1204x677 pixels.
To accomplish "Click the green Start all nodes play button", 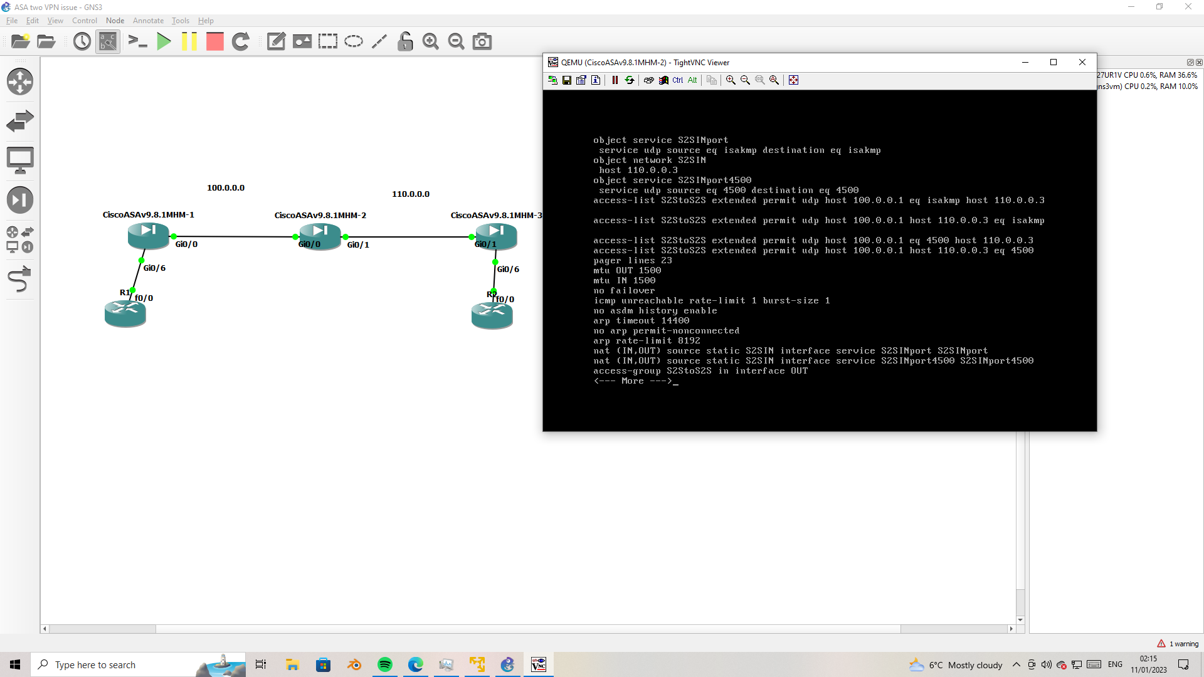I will coord(164,42).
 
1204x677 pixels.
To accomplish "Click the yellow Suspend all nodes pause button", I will coord(189,42).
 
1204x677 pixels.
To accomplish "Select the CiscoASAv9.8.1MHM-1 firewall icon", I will coord(148,236).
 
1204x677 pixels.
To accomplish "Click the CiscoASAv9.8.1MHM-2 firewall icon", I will coord(320,236).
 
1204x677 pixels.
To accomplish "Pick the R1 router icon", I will coord(125,313).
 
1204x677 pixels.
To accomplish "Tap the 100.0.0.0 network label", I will coord(226,188).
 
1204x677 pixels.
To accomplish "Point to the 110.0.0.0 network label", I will coord(411,194).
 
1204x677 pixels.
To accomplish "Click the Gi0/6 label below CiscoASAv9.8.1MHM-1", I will coord(154,268).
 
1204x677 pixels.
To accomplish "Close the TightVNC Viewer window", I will coord(1082,62).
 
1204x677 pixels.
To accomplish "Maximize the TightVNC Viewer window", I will coord(1053,62).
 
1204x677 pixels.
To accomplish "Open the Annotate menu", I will coord(148,21).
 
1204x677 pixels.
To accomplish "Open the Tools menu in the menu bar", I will coord(180,21).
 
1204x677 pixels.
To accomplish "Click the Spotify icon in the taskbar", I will coord(385,664).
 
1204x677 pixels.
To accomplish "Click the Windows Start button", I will coord(15,664).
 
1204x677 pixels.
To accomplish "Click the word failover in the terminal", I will coord(632,291).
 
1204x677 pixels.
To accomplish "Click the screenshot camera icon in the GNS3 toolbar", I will coord(482,42).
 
